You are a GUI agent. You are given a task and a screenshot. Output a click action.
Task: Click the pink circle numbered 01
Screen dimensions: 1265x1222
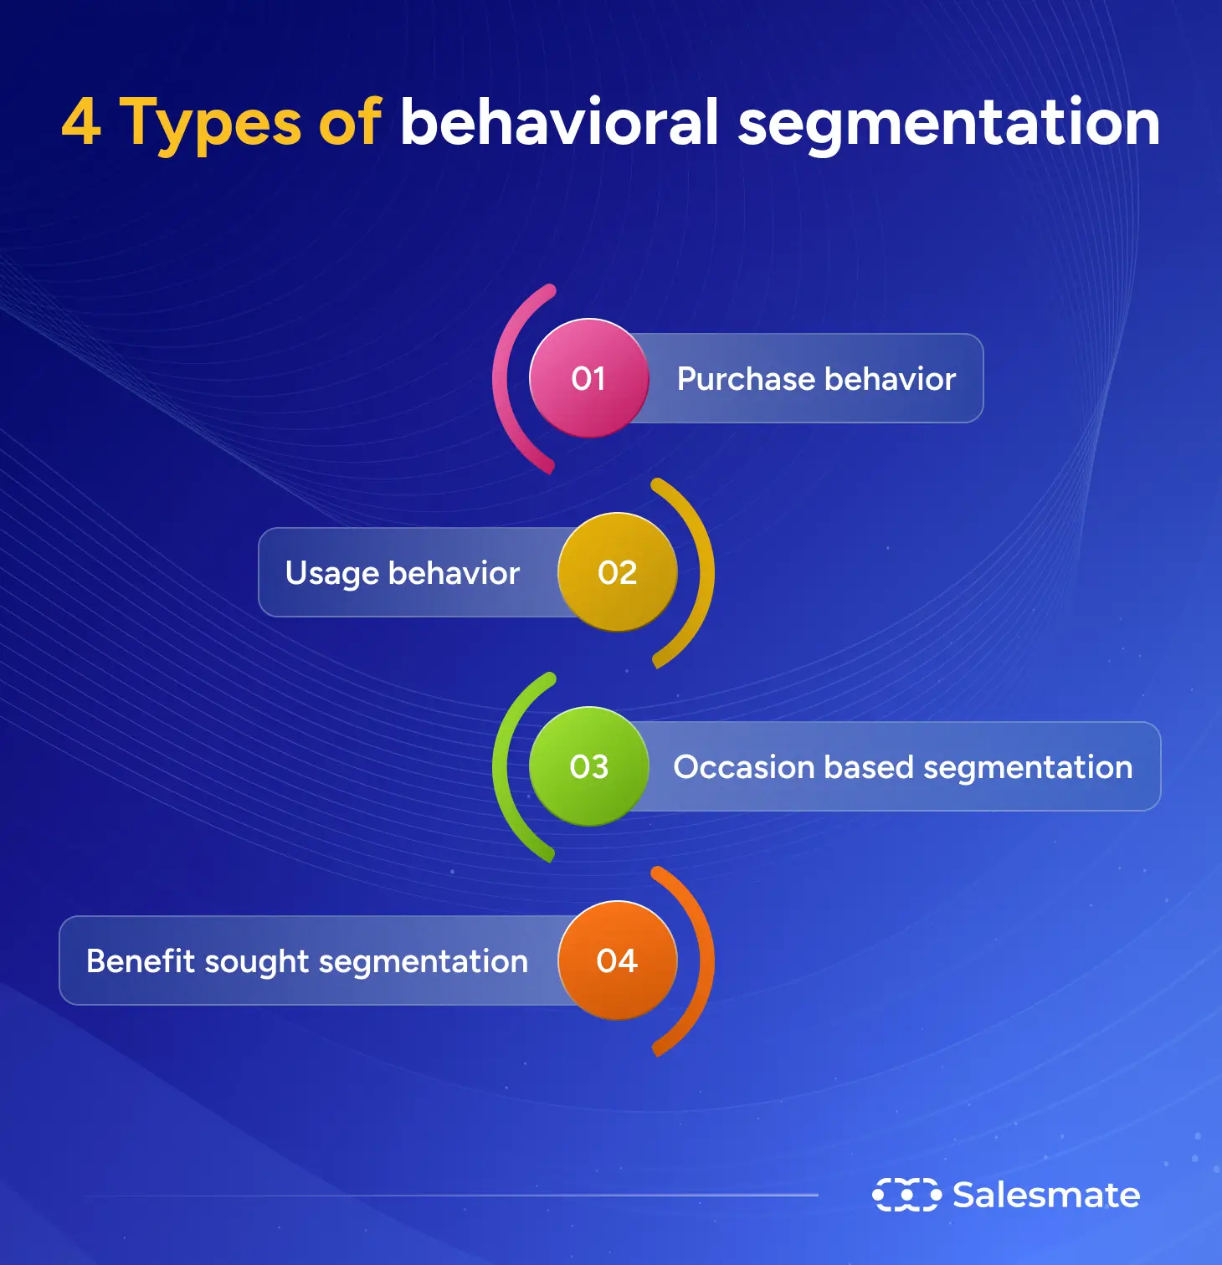coord(588,378)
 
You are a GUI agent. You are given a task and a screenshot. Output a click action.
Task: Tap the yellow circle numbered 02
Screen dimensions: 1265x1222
coord(618,572)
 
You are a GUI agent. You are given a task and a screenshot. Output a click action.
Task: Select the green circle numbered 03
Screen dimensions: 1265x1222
coord(588,766)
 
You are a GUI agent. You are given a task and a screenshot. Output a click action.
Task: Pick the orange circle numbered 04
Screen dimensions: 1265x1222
coord(618,960)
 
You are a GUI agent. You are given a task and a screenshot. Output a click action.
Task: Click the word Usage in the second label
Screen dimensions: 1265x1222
coord(332,573)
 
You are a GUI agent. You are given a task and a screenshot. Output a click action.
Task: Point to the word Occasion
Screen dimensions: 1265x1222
coord(744,767)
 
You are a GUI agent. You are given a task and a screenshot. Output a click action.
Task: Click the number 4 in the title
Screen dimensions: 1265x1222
coord(81,123)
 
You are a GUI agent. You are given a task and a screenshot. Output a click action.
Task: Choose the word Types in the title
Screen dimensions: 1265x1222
coord(210,123)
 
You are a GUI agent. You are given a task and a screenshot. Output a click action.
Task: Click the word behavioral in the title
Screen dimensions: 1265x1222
coord(559,123)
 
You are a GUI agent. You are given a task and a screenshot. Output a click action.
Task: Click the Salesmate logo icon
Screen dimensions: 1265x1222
coord(906,1195)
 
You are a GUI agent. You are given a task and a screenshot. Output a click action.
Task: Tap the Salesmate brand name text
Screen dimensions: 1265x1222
coord(1046,1195)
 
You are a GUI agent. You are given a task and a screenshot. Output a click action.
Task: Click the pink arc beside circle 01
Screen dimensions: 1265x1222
coord(502,378)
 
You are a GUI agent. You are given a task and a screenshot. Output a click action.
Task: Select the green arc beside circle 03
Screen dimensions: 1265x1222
coord(502,766)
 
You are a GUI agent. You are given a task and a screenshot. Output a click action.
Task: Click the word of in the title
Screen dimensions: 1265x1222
coord(349,123)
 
